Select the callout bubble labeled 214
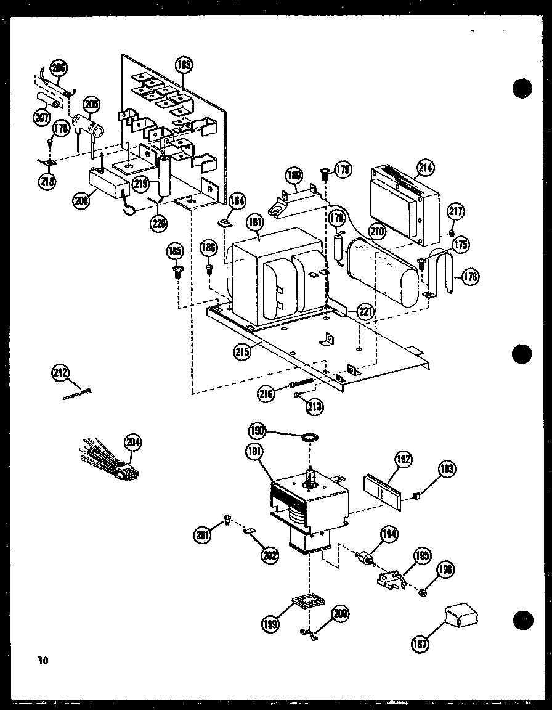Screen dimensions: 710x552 (426, 166)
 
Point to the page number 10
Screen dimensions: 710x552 (42, 661)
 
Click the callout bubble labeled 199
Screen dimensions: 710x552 (270, 623)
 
